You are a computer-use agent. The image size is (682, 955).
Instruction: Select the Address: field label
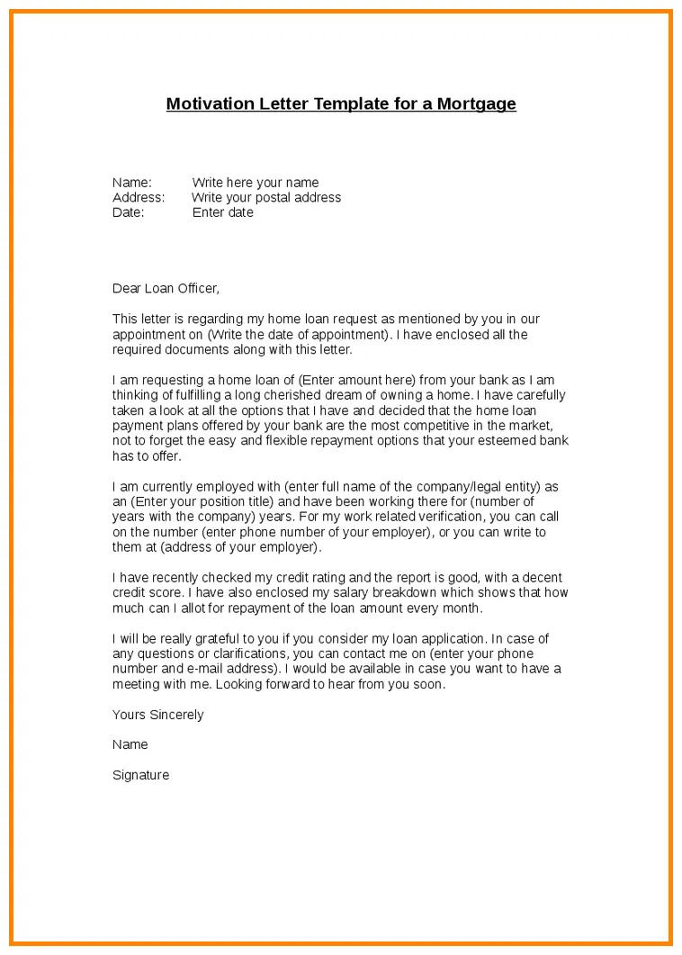tap(139, 197)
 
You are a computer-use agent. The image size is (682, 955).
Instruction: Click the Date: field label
tap(129, 212)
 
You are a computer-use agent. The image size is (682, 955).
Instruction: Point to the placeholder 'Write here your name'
tap(256, 183)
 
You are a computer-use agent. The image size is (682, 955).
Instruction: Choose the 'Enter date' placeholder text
tap(223, 212)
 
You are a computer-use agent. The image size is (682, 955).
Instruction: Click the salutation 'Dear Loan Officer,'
tap(166, 288)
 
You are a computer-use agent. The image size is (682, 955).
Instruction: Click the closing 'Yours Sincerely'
tap(158, 715)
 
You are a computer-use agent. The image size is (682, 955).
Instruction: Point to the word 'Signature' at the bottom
tap(140, 775)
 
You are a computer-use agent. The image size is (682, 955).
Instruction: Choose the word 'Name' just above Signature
tap(130, 744)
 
